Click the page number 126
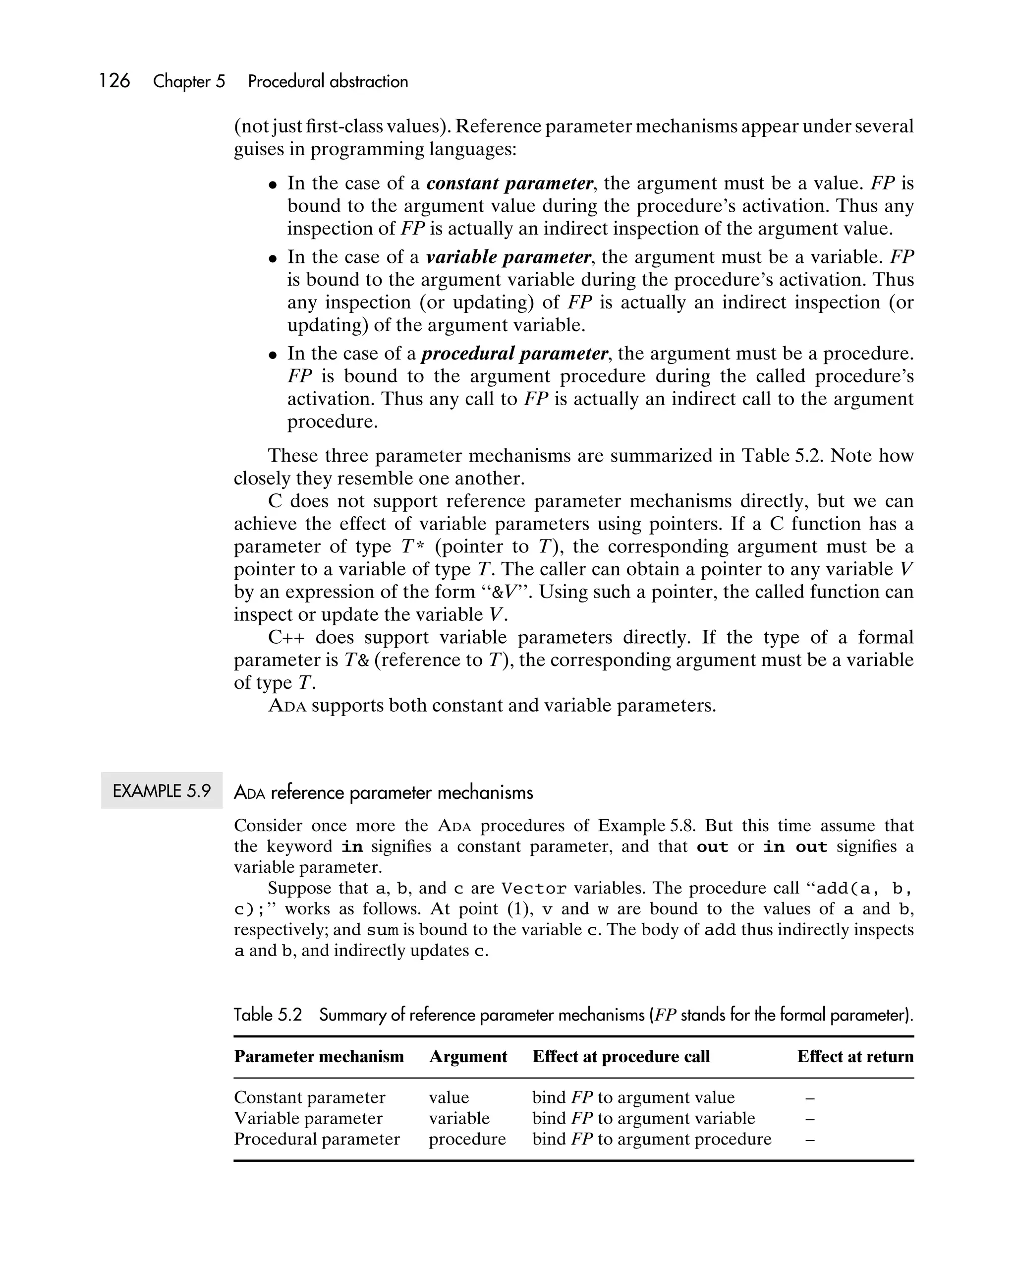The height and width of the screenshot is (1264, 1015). coord(114,81)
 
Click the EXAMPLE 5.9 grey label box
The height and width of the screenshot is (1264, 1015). coord(161,791)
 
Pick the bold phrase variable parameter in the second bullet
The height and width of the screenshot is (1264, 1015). coord(508,257)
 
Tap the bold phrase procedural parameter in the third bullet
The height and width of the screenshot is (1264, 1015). coord(514,354)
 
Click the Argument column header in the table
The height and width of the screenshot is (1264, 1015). coord(468,1056)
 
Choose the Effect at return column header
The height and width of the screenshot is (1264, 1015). coord(854,1056)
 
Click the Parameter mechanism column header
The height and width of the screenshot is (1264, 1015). coord(319,1056)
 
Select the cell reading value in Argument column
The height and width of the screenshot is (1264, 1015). coord(449,1097)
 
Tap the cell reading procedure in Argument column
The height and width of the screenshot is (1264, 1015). coord(467,1139)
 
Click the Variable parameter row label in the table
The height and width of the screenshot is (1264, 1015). coord(308,1119)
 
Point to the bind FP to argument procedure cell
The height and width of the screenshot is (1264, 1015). coord(652,1139)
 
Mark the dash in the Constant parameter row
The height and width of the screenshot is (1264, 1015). coord(810,1098)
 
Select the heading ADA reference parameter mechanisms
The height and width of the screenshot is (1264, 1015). coord(383,792)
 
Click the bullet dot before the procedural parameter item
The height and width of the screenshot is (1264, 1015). coord(272,355)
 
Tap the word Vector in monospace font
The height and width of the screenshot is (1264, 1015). coord(534,889)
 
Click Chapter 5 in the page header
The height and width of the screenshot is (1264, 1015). coord(189,81)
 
